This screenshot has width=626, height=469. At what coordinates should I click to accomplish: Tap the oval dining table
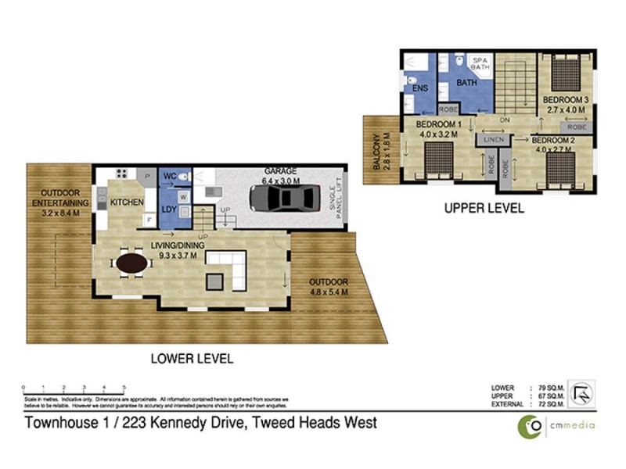[131, 264]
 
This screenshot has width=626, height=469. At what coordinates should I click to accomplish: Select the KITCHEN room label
[127, 202]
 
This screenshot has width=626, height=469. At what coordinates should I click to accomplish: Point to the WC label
[170, 177]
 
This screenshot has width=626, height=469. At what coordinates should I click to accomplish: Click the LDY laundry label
[169, 209]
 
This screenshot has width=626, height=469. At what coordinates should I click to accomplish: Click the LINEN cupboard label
[493, 139]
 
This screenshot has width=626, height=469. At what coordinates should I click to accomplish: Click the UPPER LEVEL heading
[484, 209]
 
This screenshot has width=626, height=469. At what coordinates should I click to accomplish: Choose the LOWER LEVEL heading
[192, 359]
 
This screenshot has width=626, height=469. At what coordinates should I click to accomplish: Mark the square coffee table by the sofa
[214, 281]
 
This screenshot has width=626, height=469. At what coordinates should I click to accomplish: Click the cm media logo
[557, 425]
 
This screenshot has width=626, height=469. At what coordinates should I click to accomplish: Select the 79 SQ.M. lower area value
[545, 387]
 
